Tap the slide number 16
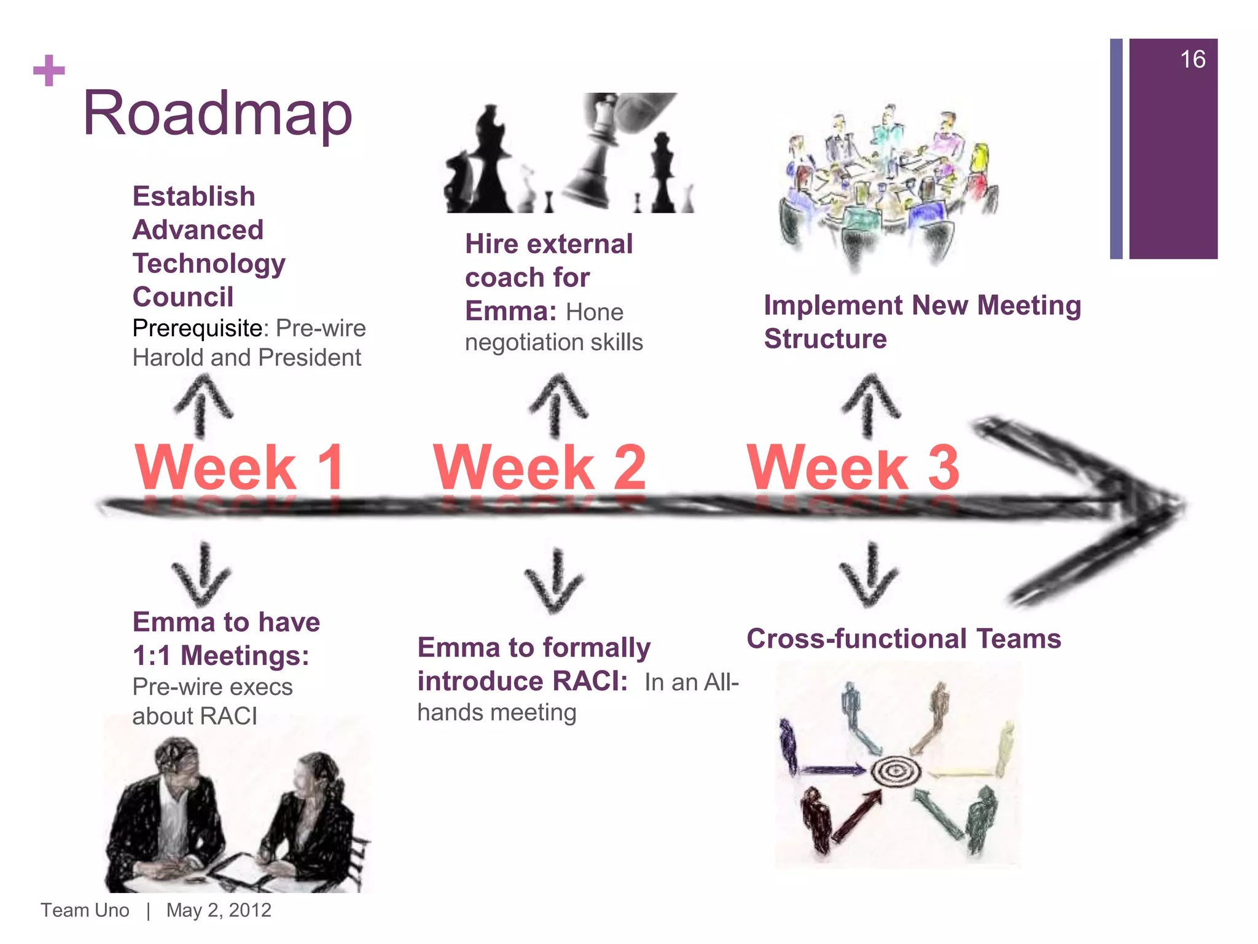pos(1192,60)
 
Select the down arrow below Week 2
pos(555,581)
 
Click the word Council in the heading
pos(183,297)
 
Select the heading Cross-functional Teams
pos(904,639)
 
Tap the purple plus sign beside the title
pos(49,71)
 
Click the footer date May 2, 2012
pos(219,910)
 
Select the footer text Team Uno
pos(85,910)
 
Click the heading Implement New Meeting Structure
pos(921,322)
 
